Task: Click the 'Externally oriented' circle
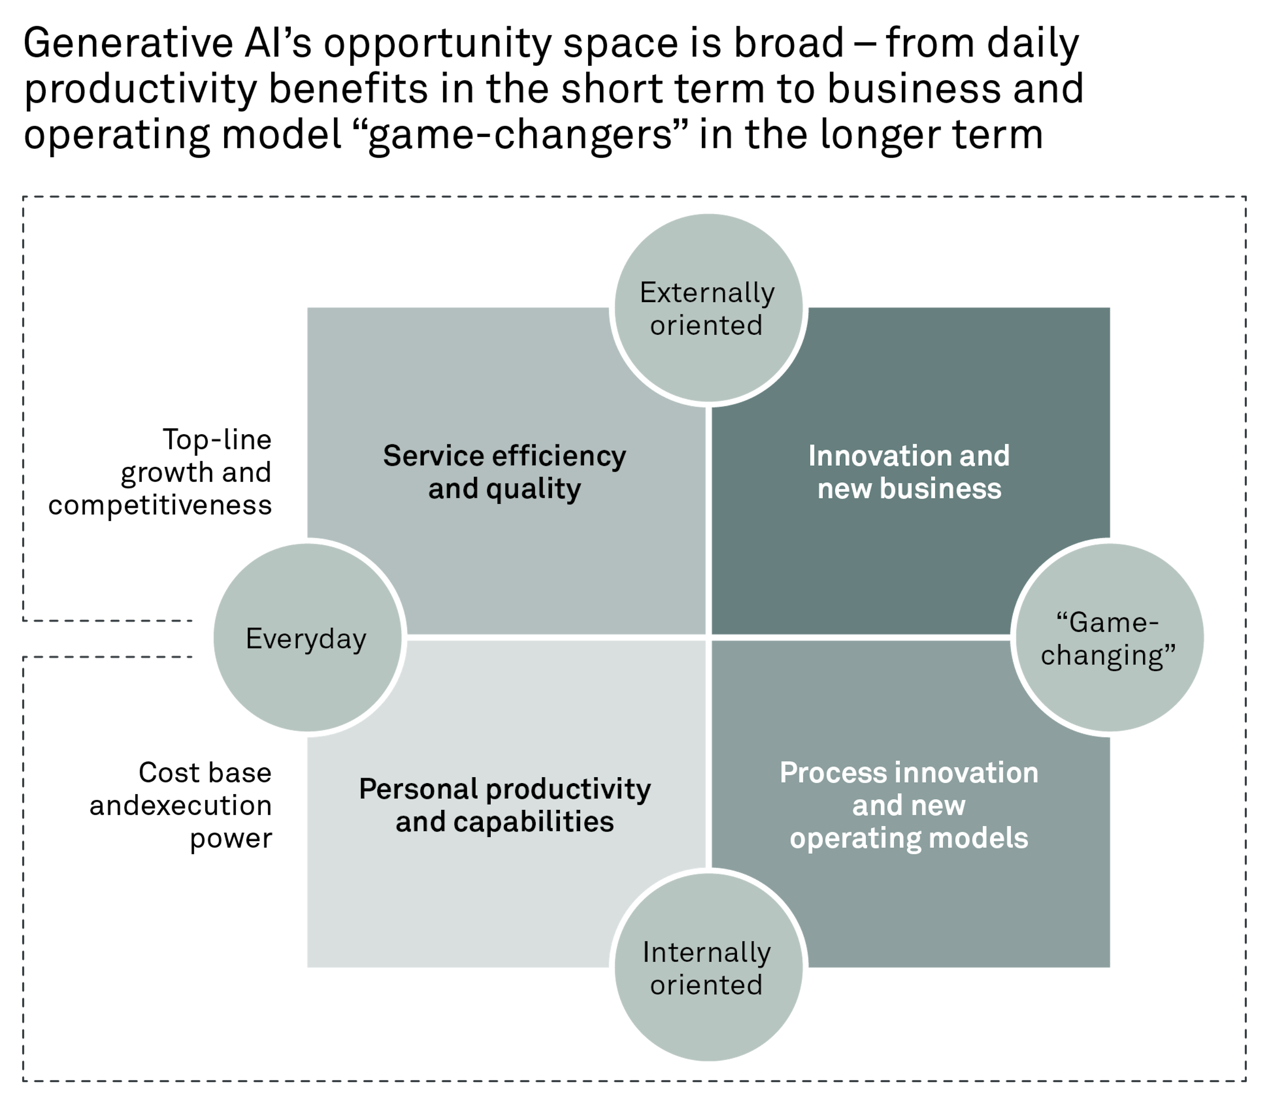point(708,309)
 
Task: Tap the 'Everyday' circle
point(308,638)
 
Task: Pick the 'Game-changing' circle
point(1108,638)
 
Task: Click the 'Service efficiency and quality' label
point(505,472)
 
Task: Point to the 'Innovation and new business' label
point(909,472)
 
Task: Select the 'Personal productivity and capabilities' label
point(505,805)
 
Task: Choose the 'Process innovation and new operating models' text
point(909,805)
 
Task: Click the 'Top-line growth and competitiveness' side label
point(160,472)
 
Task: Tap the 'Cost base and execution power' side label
point(181,805)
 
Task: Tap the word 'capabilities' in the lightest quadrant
point(534,822)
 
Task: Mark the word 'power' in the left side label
point(231,838)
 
